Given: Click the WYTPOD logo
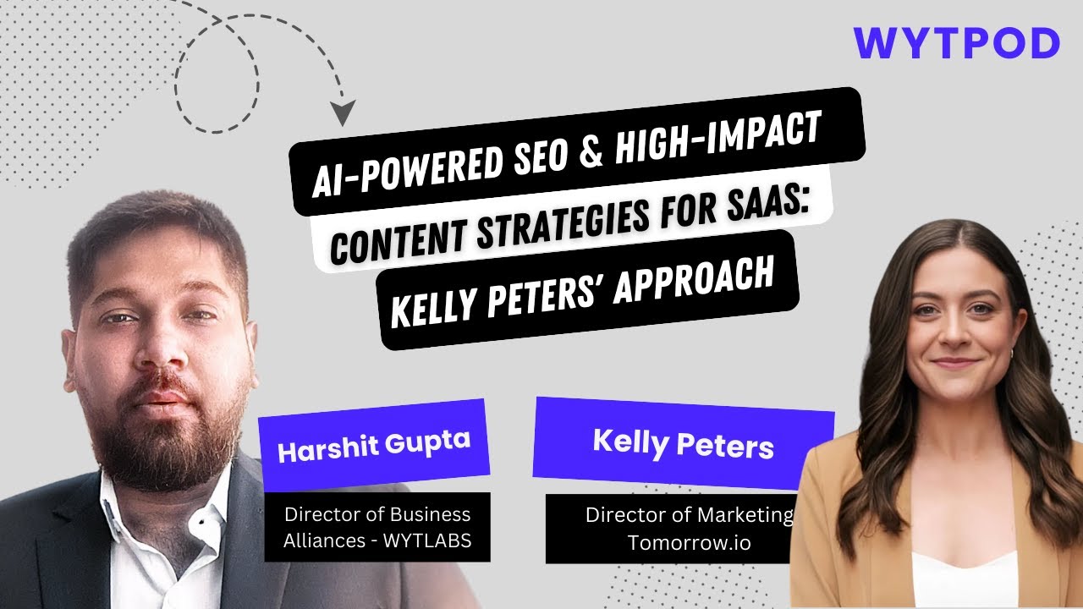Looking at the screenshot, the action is pos(956,43).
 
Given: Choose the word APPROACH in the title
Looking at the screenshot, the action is pos(694,282).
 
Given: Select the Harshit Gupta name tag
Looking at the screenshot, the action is pos(374,445).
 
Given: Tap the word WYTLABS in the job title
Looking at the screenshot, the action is pos(427,540).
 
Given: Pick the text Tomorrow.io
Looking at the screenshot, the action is pos(690,543).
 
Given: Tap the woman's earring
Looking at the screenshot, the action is pos(1011,354).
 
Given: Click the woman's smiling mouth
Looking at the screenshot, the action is pos(955,363).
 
